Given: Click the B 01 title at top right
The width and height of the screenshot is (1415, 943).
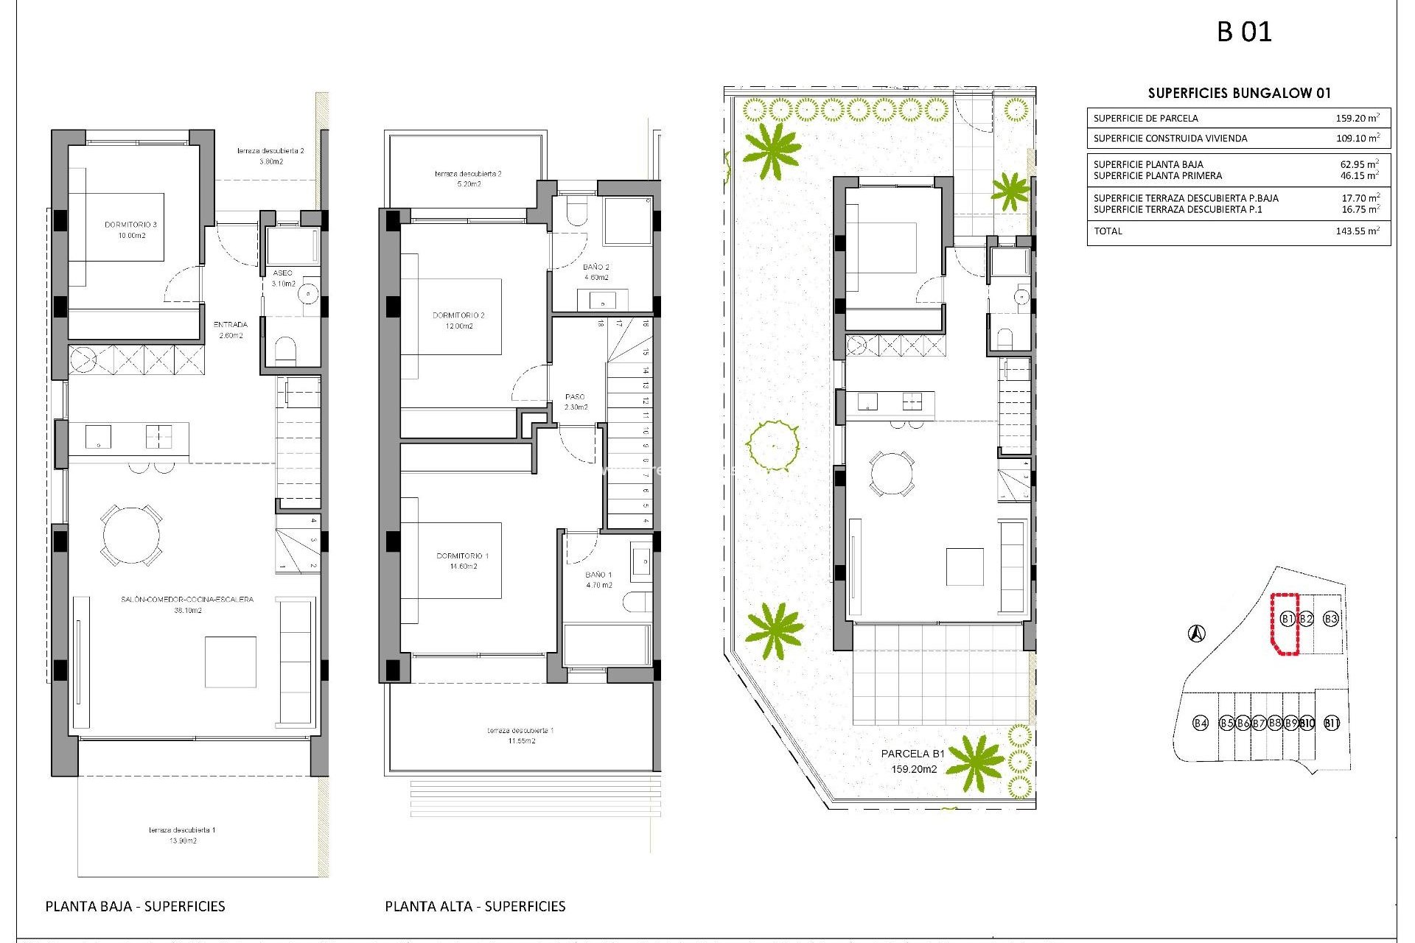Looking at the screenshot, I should (1244, 32).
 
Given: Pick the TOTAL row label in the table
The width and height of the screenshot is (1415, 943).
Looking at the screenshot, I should (1108, 231).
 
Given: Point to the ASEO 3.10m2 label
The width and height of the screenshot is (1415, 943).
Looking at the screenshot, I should (283, 278).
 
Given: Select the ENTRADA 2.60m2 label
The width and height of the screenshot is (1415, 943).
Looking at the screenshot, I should (231, 329).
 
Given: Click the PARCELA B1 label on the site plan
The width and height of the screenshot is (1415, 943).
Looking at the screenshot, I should (912, 754).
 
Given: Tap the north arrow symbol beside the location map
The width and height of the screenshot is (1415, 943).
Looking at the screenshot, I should (1197, 633).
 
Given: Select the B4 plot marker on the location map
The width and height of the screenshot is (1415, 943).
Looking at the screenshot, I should (1201, 723).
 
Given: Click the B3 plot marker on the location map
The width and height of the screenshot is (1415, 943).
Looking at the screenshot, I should (1330, 619).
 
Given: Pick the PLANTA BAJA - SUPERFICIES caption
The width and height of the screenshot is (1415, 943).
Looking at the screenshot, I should (135, 906).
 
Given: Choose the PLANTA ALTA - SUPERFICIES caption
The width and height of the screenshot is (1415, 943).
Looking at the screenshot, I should (475, 906).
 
